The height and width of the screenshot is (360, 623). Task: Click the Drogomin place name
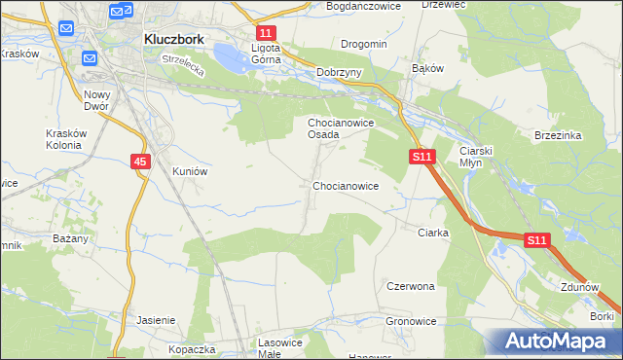[x=364, y=44]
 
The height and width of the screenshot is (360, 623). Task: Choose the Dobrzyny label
[x=340, y=72]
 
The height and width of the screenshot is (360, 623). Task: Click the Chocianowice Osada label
[x=337, y=128]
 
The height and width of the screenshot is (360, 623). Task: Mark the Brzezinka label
[x=558, y=136]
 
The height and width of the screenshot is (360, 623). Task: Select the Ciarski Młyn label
[x=478, y=157]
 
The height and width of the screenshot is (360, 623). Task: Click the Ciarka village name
[x=432, y=233]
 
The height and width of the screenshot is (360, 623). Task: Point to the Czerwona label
[x=410, y=287]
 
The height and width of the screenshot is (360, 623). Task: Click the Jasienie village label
[x=156, y=320]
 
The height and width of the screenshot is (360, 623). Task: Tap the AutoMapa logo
[x=552, y=342]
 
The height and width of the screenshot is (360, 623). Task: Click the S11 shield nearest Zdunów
[x=537, y=239]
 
